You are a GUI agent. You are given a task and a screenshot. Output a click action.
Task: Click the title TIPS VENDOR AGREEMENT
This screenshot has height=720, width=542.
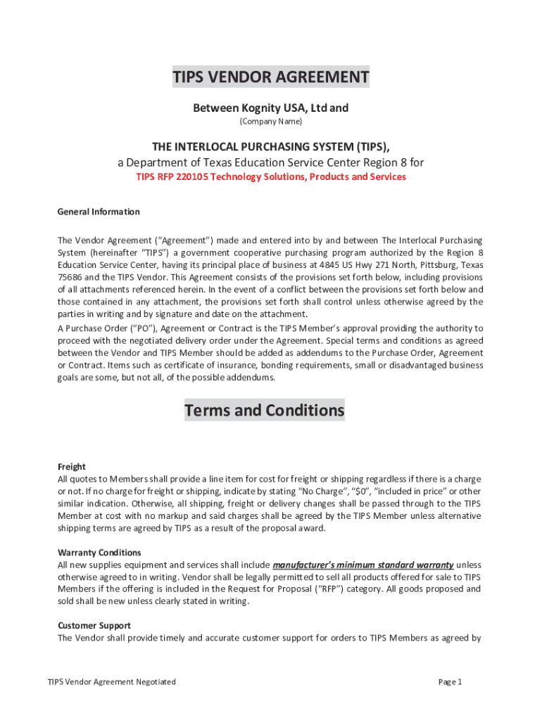tap(271, 77)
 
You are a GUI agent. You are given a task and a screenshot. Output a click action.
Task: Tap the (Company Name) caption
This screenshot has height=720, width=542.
tap(271, 122)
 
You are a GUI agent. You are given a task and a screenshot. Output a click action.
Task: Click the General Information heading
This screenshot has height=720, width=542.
tap(99, 212)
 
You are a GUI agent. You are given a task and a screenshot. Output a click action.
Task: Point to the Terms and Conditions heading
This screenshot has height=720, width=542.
tap(265, 410)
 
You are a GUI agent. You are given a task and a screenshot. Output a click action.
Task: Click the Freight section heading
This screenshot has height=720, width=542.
tap(72, 467)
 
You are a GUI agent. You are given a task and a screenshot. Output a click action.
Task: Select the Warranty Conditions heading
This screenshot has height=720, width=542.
tap(99, 553)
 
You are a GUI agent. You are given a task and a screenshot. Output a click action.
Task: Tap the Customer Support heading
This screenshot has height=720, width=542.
tap(94, 626)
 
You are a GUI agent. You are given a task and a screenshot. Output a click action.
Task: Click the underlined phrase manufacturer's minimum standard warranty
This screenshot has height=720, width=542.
tap(363, 565)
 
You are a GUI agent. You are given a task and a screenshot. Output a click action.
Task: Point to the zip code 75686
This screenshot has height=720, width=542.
tap(70, 277)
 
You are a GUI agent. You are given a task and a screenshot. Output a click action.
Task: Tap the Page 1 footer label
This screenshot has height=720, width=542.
tap(450, 682)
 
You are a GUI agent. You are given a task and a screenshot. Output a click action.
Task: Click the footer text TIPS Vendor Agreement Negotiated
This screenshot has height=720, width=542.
tap(111, 682)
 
